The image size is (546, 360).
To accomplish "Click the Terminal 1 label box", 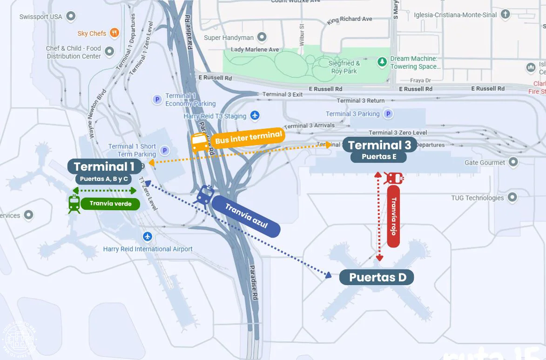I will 104,167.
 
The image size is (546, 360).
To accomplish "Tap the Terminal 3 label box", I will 379,145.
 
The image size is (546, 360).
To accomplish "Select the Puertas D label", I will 377,278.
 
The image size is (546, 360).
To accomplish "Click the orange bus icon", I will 200,141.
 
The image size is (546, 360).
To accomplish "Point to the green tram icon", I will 74,204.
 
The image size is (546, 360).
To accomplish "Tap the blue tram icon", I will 205,195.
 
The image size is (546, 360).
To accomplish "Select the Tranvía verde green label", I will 110,204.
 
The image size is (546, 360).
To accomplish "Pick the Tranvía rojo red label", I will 393,216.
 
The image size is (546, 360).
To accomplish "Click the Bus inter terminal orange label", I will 248,138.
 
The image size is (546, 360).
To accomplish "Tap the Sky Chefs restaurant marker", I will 114,33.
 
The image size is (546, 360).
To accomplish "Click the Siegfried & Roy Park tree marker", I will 382,61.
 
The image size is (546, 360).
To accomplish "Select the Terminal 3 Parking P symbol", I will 387,114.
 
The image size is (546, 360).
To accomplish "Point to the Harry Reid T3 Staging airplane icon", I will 255,116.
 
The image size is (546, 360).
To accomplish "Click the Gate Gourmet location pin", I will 513,162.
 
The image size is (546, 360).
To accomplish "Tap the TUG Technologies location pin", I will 512,197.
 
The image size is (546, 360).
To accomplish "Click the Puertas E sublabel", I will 379,157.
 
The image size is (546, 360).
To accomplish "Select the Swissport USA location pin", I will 71,17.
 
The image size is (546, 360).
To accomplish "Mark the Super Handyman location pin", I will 262,37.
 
